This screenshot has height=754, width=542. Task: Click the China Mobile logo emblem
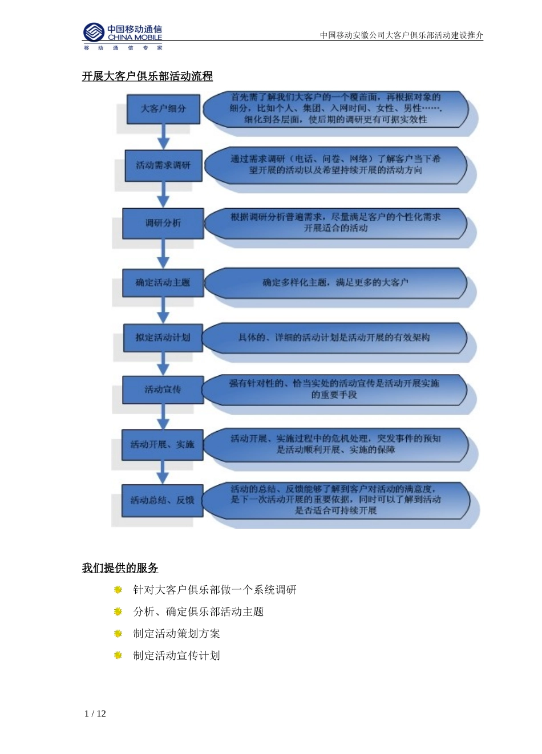point(94,33)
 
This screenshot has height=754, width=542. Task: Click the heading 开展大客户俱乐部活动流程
point(147,76)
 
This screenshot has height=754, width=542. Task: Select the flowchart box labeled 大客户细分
point(163,108)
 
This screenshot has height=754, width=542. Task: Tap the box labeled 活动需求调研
point(163,165)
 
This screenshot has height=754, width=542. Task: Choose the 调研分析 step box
point(163,223)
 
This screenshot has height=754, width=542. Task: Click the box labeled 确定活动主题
point(163,283)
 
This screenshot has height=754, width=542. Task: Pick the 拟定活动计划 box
point(163,338)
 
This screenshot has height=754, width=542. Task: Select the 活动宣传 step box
point(163,390)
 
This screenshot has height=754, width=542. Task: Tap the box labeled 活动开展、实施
point(163,444)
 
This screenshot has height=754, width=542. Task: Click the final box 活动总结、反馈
point(163,500)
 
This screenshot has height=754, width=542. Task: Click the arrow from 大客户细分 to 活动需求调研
point(164,137)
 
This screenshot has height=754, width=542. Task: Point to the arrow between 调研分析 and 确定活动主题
point(164,253)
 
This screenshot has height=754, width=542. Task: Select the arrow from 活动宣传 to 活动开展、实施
point(164,417)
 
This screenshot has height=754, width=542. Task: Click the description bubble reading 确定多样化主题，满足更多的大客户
point(335,283)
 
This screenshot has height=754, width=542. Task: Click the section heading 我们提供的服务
point(120,568)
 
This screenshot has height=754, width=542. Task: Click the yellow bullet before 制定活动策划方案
point(118,634)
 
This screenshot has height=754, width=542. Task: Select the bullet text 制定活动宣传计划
point(176,656)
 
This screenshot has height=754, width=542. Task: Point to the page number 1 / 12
point(95,714)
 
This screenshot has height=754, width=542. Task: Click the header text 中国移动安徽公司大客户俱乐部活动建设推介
point(401,35)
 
